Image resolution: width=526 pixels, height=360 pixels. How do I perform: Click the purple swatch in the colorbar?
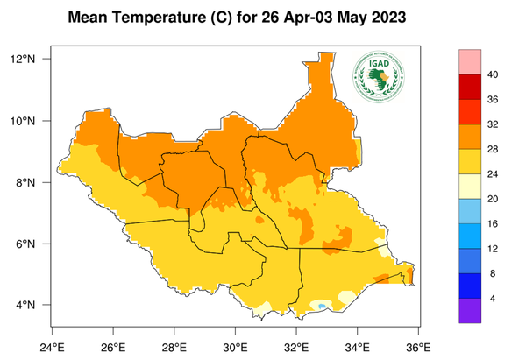coord(471,311)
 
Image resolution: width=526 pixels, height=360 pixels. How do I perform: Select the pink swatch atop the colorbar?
coord(471,61)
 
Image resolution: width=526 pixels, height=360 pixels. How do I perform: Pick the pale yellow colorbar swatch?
coord(471,187)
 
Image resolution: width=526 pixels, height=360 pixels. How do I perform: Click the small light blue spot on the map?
coord(323,305)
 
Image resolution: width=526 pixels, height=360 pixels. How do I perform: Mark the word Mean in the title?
coord(90,18)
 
